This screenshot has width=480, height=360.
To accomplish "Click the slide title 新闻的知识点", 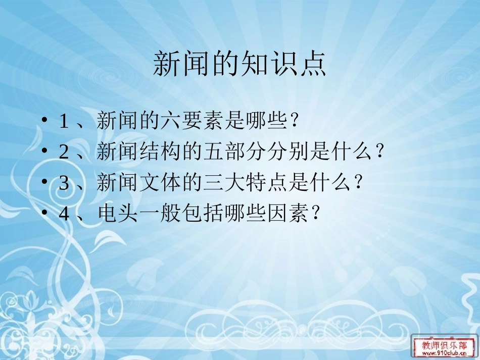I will click(x=239, y=64).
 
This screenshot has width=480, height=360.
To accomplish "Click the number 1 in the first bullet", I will click(x=64, y=122).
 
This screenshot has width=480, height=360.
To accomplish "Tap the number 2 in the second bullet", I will click(x=64, y=152).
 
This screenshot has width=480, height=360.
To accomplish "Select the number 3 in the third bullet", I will click(x=64, y=183).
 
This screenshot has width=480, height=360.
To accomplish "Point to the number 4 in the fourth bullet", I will click(x=64, y=214).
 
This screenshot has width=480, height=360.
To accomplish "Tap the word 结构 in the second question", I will click(x=154, y=152).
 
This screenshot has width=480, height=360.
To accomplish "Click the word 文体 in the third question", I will click(x=154, y=183).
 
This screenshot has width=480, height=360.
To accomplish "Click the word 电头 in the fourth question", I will click(x=115, y=214).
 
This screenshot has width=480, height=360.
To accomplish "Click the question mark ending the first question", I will click(x=297, y=122).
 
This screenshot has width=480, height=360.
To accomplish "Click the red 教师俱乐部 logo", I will click(x=444, y=344).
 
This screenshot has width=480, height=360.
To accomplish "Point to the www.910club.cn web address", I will click(x=444, y=354).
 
